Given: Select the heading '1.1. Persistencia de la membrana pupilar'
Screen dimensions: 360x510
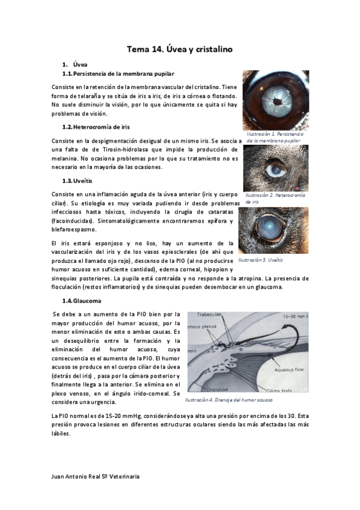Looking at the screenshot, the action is (x=118, y=74).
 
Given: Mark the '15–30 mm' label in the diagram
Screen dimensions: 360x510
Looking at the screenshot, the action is (x=295, y=316).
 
